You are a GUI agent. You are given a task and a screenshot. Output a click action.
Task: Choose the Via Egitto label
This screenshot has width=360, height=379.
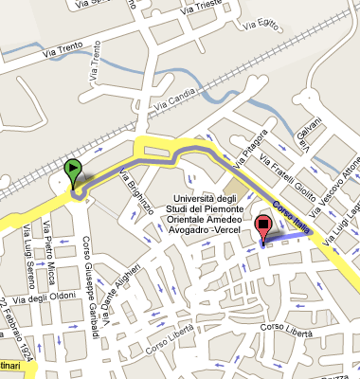point(289,25)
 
